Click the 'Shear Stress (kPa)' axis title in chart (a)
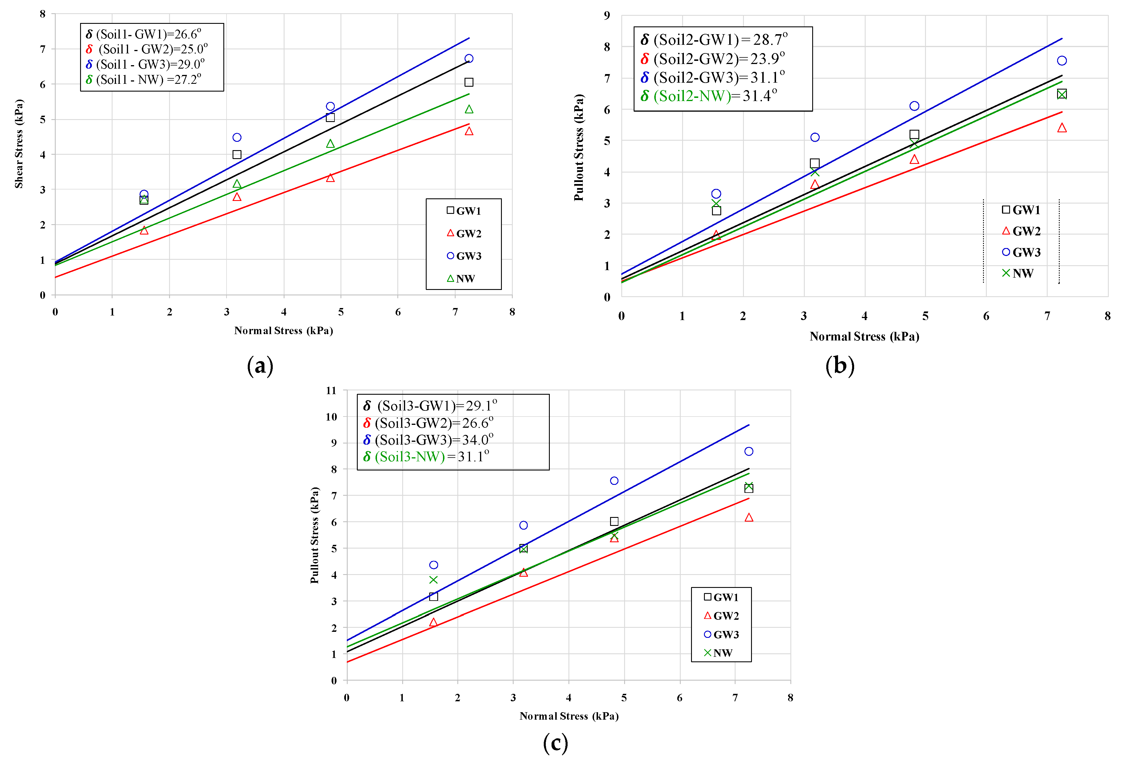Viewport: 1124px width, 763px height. tap(19, 144)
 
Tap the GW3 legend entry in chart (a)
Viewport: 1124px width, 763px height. tap(464, 256)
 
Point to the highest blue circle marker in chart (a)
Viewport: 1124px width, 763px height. tap(469, 59)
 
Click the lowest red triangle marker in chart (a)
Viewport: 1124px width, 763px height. tap(144, 230)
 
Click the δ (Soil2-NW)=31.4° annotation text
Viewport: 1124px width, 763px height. tap(709, 96)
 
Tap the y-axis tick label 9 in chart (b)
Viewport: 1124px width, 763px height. tap(607, 16)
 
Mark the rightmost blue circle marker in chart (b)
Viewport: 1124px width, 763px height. tap(1062, 61)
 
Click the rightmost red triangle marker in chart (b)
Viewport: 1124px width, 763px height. tap(1062, 128)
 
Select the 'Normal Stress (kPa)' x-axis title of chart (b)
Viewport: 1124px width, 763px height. tap(864, 336)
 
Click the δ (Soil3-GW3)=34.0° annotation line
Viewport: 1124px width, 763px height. tap(428, 439)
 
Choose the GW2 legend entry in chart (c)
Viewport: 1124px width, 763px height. tap(721, 615)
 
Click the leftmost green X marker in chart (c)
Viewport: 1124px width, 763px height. tap(433, 580)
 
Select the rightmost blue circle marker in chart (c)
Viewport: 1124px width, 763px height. tap(749, 451)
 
